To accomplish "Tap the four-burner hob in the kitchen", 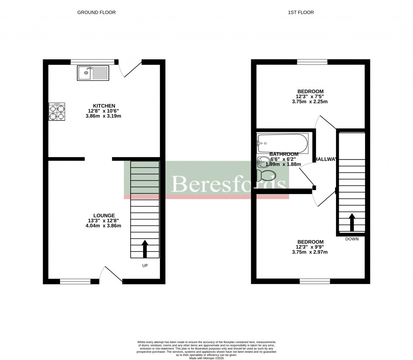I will point(57,112).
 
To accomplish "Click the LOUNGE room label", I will point(104,216).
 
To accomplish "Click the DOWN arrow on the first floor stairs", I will point(352,222).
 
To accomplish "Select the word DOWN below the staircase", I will point(352,239).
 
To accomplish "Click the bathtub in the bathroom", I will point(282,142).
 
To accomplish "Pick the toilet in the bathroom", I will point(267,176).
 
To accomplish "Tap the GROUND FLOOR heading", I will point(96,13).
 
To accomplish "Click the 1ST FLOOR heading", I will point(301,13).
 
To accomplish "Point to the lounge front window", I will point(75,281).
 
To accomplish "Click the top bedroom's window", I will point(312,62).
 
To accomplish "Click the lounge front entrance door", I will point(112,274).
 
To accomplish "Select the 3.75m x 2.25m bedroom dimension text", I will point(310,102).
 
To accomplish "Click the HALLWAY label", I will point(326,159).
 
